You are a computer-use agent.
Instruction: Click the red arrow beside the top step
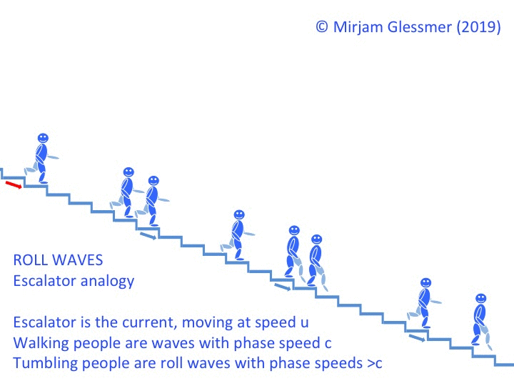[x=14, y=185]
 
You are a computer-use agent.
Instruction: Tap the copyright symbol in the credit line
[x=322, y=26]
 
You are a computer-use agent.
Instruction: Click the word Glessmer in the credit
[x=420, y=26]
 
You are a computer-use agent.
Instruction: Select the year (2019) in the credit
[x=478, y=26]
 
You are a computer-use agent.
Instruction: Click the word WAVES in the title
[x=78, y=260]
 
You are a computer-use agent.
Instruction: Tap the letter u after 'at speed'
[x=305, y=322]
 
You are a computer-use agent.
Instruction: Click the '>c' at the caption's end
[x=375, y=364]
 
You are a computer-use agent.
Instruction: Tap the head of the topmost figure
[x=43, y=138]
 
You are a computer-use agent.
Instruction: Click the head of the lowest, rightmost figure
[x=481, y=299]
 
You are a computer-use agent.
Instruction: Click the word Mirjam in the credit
[x=358, y=26]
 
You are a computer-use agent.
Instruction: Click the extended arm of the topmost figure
[x=52, y=157]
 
